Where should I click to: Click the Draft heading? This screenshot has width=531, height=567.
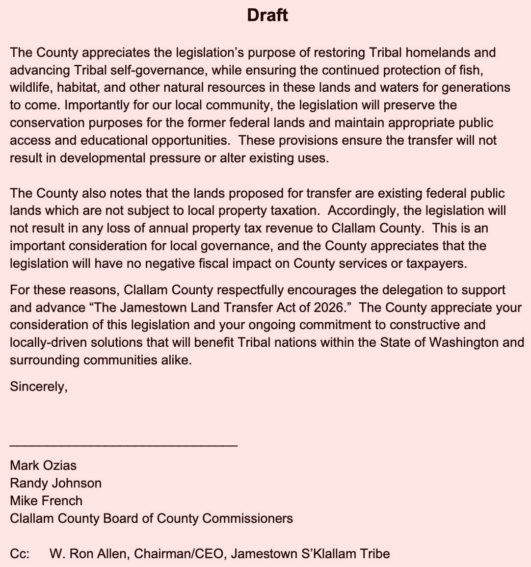267,15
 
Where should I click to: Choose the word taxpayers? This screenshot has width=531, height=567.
436,263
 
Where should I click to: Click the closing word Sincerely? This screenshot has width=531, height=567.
38,387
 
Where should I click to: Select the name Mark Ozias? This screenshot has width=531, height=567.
43,465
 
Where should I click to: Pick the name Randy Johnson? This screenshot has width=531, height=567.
55,483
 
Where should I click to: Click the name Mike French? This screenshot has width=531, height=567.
46,500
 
